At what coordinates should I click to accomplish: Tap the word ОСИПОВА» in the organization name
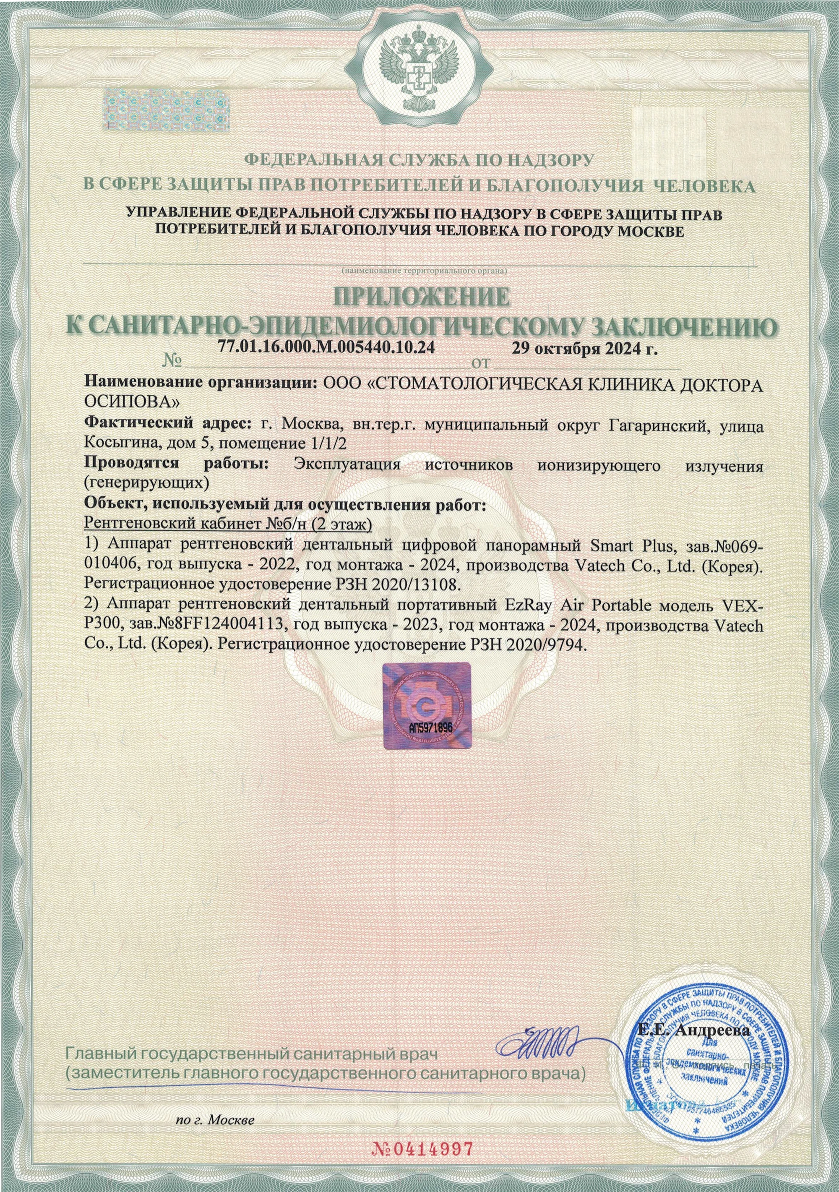pos(133,402)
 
